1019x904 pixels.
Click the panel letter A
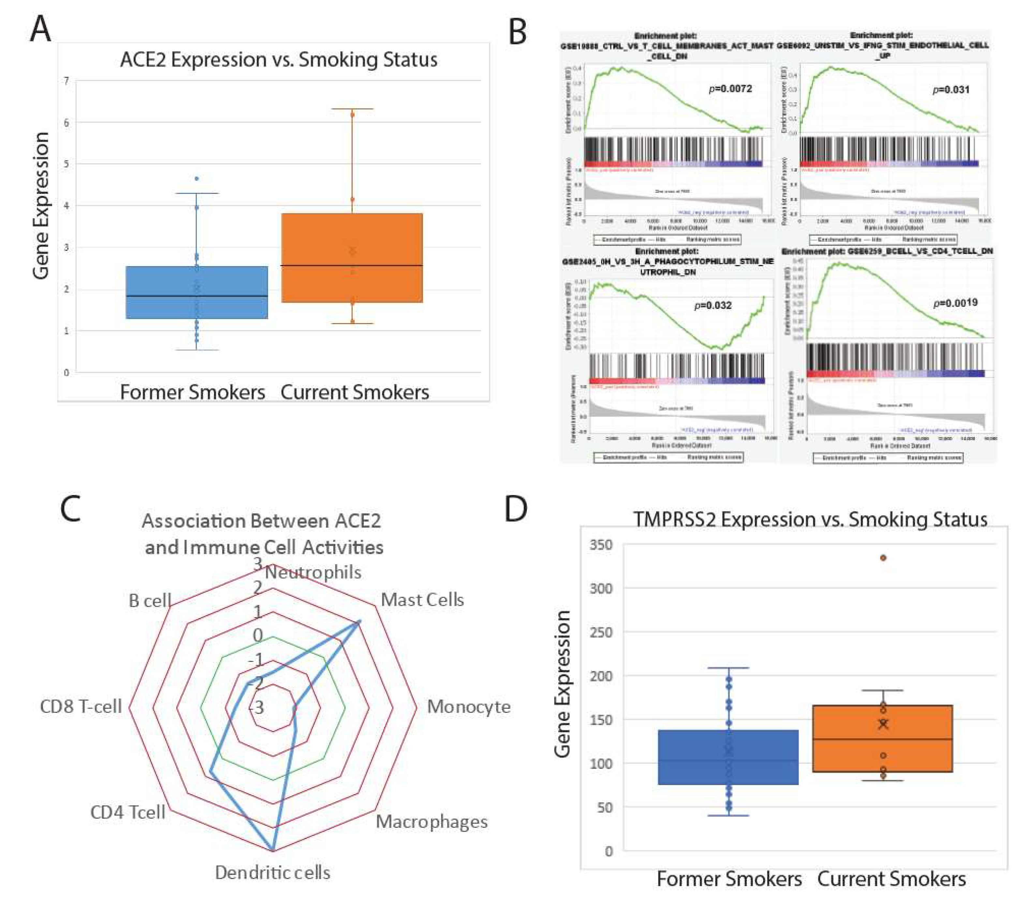pyautogui.click(x=40, y=29)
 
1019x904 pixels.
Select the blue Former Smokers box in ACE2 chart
pyautogui.click(x=197, y=293)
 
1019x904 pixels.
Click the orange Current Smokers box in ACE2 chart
pyautogui.click(x=352, y=258)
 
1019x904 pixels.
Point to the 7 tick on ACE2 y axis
pyautogui.click(x=66, y=81)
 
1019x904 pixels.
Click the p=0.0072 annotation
pyautogui.click(x=731, y=89)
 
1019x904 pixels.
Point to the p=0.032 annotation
pyautogui.click(x=713, y=305)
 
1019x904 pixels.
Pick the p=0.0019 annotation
pyautogui.click(x=955, y=303)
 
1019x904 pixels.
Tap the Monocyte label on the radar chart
pyautogui.click(x=469, y=707)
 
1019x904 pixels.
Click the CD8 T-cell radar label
pyautogui.click(x=81, y=706)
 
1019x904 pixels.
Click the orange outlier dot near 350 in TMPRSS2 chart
pyautogui.click(x=883, y=558)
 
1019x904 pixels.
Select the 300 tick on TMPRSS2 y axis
pyautogui.click(x=601, y=589)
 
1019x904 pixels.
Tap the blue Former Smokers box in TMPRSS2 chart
pyautogui.click(x=728, y=757)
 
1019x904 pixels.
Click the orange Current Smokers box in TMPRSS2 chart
pyautogui.click(x=882, y=739)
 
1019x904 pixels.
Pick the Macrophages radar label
pyautogui.click(x=432, y=822)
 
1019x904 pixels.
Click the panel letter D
pyautogui.click(x=516, y=509)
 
